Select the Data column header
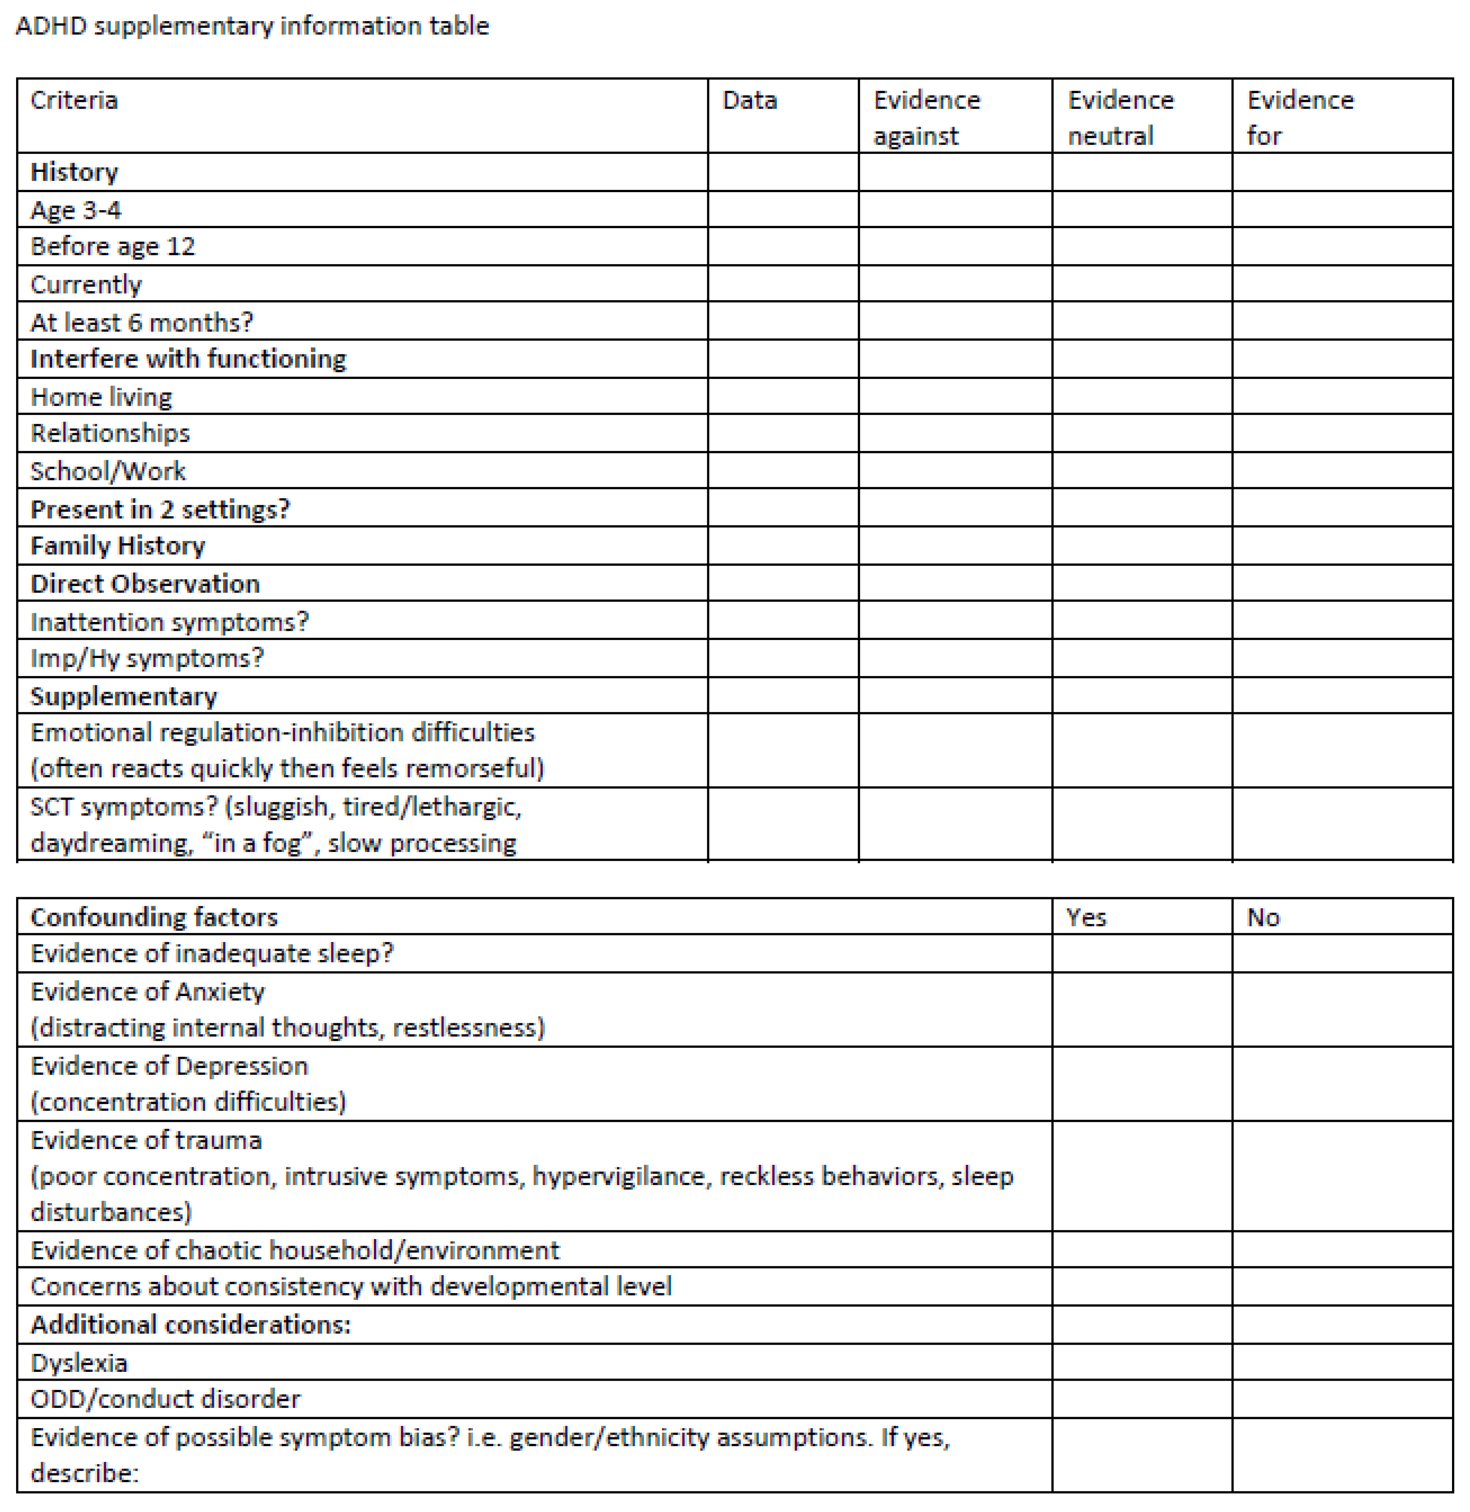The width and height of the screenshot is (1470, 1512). pos(749,100)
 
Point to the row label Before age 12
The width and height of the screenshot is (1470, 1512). pos(113,247)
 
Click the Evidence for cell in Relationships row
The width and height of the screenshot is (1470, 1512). pos(1342,433)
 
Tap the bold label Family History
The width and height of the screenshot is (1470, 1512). pos(117,546)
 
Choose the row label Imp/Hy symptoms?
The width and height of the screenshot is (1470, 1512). pos(147,658)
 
